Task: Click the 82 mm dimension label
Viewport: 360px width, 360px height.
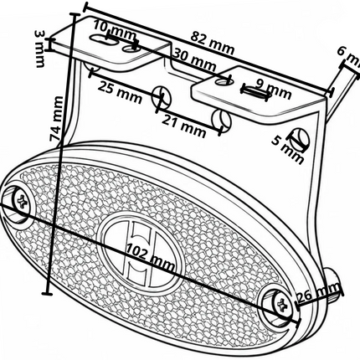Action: tap(213, 44)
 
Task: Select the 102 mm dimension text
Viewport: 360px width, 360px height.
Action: tap(151, 257)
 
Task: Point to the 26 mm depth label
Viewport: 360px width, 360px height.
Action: tap(318, 293)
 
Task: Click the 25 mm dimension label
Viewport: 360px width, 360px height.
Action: tap(120, 92)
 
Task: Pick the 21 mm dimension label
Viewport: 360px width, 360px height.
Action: tap(184, 126)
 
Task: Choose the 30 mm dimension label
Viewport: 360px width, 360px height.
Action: tap(194, 59)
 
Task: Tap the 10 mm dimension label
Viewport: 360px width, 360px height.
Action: tap(115, 30)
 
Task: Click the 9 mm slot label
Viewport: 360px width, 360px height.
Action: tap(275, 90)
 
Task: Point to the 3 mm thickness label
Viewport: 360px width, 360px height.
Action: tap(40, 49)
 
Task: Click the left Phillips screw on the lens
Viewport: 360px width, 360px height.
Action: tap(22, 200)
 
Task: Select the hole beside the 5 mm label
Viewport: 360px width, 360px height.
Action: tap(300, 139)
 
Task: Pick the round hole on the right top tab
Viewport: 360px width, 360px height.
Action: tap(224, 81)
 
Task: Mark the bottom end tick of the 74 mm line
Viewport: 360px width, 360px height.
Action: tap(47, 293)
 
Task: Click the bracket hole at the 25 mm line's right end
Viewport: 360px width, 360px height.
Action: tap(162, 95)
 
